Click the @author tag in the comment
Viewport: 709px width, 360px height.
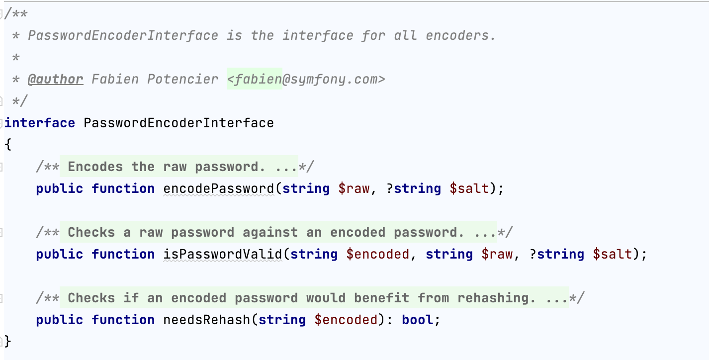[x=55, y=80]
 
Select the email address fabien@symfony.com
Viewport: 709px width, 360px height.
[x=306, y=80]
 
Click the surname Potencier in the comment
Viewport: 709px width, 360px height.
[x=182, y=80]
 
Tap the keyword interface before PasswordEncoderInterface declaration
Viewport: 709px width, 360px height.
[x=40, y=123]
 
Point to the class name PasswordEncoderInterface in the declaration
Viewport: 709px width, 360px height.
[x=179, y=123]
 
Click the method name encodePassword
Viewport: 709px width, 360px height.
[x=219, y=189]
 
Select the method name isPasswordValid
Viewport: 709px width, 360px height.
[x=223, y=255]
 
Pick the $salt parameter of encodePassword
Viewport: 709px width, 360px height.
[x=469, y=189]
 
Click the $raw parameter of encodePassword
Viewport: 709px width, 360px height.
[x=354, y=189]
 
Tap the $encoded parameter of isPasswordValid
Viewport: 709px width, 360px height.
[x=378, y=255]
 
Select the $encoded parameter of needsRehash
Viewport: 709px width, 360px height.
[x=346, y=320]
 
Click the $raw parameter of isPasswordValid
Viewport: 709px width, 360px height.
[x=497, y=255]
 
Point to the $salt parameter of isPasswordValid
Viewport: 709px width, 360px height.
[x=613, y=255]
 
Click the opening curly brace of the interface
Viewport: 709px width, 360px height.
[x=7, y=145]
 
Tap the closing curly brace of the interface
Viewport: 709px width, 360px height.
[x=7, y=342]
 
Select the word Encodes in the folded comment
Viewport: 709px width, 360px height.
[x=95, y=167]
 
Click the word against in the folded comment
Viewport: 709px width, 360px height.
[x=270, y=233]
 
